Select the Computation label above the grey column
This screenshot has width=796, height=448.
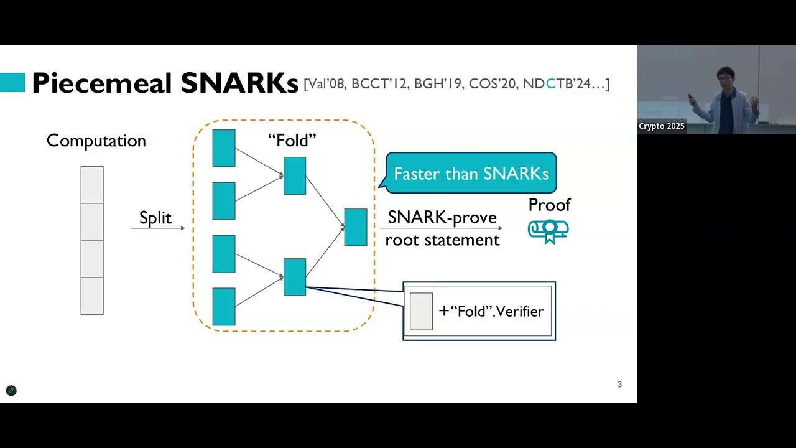pos(96,141)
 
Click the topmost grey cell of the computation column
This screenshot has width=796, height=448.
pos(92,185)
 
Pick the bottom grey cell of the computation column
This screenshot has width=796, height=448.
pos(92,296)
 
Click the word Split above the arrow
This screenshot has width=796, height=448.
pos(155,218)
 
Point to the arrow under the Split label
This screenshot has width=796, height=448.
pos(158,228)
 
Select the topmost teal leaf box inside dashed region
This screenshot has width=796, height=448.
pos(224,148)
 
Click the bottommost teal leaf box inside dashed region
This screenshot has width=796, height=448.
pos(224,306)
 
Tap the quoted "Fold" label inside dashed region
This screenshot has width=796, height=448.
pos(292,141)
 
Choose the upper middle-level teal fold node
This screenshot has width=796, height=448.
pos(295,175)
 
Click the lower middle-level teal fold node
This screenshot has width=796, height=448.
pos(295,277)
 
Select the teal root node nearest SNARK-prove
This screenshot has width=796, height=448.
pos(356,227)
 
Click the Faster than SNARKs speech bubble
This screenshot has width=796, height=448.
pos(471,173)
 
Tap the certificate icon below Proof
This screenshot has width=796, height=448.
pos(548,230)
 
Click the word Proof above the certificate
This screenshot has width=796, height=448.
pos(549,205)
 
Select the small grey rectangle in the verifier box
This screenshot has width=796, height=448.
pos(421,311)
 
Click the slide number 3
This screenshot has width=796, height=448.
pos(619,385)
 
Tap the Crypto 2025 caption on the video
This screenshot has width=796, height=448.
pos(661,126)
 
